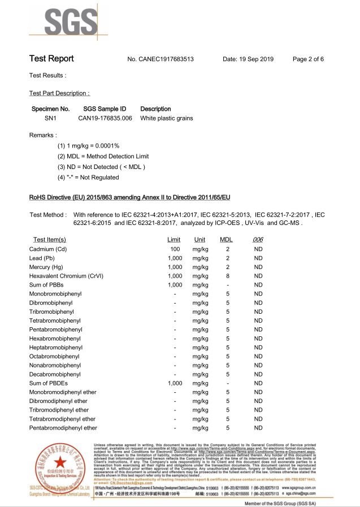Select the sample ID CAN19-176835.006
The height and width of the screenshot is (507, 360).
[105, 118]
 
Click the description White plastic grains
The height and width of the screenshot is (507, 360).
[167, 118]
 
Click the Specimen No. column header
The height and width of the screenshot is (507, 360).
[50, 109]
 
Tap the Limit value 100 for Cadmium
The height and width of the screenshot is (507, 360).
[175, 249]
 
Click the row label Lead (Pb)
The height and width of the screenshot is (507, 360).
[44, 258]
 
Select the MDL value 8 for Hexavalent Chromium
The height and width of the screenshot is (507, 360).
[228, 276]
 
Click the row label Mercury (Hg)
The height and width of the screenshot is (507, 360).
[46, 267]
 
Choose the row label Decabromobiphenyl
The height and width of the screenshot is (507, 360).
[55, 374]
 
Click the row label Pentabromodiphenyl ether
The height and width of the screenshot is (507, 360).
[63, 428]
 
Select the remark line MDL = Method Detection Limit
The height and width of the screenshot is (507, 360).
[103, 156]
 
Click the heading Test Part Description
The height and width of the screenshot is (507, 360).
[59, 93]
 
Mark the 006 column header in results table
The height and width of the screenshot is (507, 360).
[258, 240]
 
